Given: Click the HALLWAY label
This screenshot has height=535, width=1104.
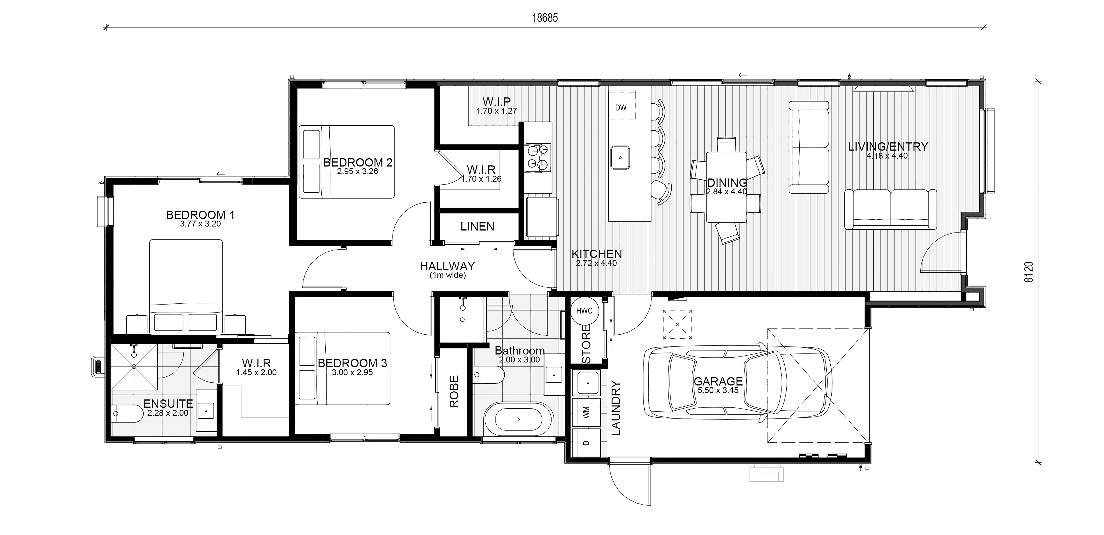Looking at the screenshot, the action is coord(447,266).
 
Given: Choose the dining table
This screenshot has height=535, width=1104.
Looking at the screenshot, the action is coord(726,187).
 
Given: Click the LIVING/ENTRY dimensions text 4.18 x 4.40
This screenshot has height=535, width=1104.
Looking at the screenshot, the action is coord(887,156).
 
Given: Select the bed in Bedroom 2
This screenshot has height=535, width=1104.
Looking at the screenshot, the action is coord(346,162).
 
